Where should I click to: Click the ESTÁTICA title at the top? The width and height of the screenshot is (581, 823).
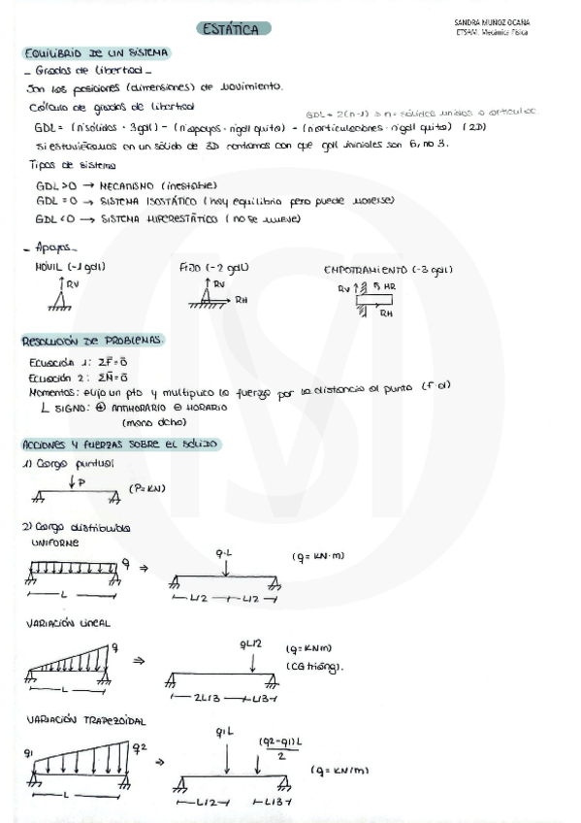[232, 29]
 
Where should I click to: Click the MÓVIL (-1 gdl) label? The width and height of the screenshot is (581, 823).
[70, 266]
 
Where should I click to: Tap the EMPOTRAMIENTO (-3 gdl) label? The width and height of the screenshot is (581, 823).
[387, 269]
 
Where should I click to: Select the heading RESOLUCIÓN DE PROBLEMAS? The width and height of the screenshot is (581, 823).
[92, 341]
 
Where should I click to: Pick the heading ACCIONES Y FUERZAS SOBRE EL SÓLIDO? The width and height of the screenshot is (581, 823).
[120, 444]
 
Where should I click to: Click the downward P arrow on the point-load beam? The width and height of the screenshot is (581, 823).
[73, 481]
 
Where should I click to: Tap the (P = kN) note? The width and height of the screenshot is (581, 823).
[147, 488]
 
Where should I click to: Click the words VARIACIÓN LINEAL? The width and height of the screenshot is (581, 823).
[71, 621]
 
